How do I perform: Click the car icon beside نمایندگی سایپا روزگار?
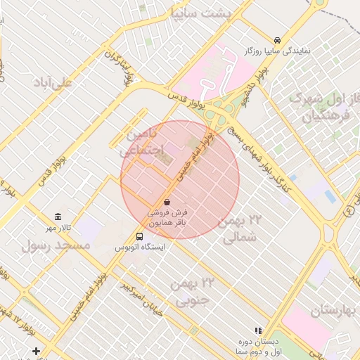(x=278, y=40)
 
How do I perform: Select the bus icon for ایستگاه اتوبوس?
(x=139, y=236)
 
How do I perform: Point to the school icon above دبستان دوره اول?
(x=258, y=330)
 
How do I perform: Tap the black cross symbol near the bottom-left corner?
(x=36, y=350)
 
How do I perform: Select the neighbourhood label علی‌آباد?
(x=52, y=83)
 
